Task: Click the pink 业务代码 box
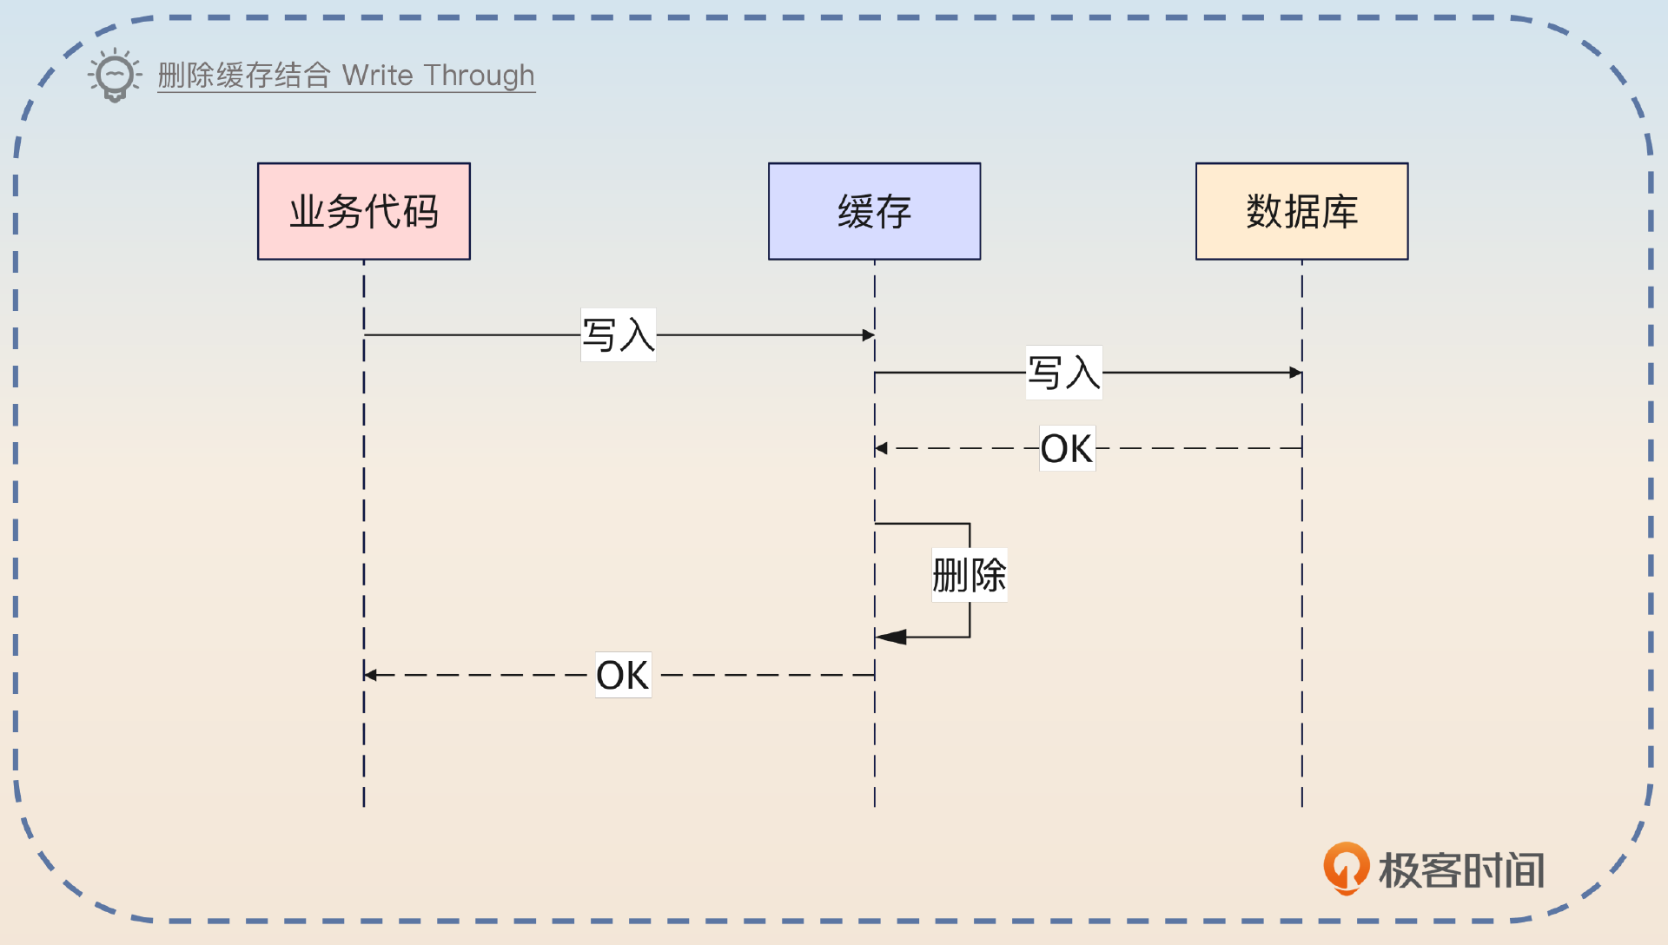click(363, 211)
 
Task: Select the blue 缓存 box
click(874, 211)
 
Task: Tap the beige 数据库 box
click(1301, 211)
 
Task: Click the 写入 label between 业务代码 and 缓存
click(618, 334)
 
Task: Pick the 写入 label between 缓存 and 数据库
click(1063, 373)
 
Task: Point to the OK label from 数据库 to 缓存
click(1067, 448)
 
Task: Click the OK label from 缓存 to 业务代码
click(623, 675)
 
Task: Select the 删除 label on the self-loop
click(970, 575)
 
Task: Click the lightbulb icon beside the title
click(115, 76)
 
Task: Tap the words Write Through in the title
click(438, 76)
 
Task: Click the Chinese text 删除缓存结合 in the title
click(244, 76)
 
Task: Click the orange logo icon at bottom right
click(1345, 868)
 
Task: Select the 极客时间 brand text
click(1461, 870)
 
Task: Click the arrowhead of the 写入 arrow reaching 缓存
click(868, 334)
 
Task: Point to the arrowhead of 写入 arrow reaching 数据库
click(1295, 373)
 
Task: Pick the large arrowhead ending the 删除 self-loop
click(891, 637)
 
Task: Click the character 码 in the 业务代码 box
click(420, 211)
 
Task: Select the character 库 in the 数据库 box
click(1340, 211)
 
